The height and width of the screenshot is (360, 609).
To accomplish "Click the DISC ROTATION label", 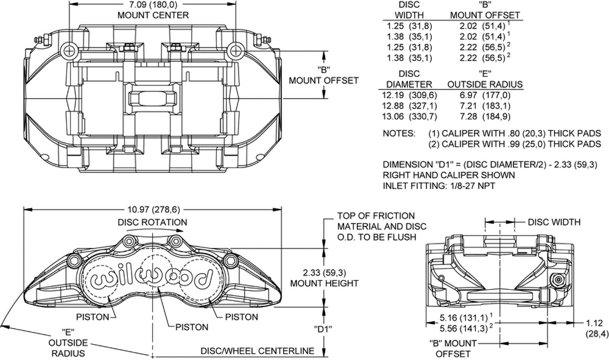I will pos(152,222).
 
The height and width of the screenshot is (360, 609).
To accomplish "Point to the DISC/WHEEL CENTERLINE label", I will pos(258,351).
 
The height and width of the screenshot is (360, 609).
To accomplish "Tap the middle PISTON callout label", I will pos(192,327).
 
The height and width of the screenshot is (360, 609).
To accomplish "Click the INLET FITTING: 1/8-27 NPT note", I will pos(438,186).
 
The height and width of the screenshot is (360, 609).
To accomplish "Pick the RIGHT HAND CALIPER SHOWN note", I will pos(449,175).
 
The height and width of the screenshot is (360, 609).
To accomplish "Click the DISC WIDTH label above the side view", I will pos(554,222).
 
